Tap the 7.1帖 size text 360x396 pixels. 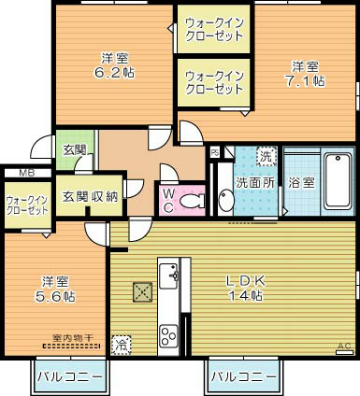click(x=307, y=81)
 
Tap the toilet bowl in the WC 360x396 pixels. click(x=194, y=200)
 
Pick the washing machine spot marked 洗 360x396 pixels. click(x=266, y=156)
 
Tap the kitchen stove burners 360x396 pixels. click(x=169, y=333)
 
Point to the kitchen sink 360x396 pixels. click(x=168, y=275)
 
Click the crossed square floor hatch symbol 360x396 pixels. click(x=141, y=291)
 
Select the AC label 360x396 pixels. click(x=343, y=347)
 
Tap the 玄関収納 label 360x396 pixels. click(x=90, y=195)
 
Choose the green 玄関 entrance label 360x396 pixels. click(x=74, y=149)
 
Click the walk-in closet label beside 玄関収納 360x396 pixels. click(x=26, y=205)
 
